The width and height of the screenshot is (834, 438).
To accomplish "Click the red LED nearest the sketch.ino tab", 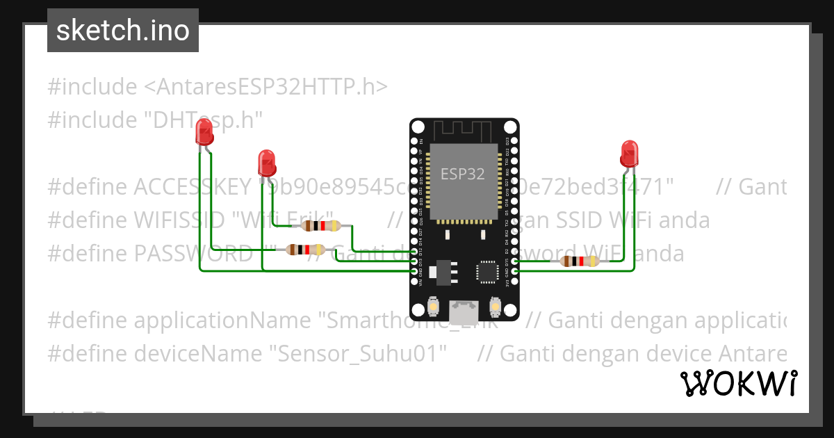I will (x=204, y=131).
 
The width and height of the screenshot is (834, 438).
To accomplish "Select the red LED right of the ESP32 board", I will (x=628, y=153).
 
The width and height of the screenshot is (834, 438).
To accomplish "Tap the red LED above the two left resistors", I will (x=266, y=163).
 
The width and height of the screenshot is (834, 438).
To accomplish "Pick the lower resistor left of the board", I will (x=306, y=250).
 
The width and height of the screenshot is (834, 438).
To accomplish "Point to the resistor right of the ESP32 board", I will (x=580, y=261).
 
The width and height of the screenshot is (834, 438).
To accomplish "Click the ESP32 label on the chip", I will (x=462, y=173).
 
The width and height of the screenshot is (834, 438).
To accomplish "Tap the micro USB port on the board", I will (x=464, y=312).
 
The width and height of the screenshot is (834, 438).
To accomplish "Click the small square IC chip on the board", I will (x=486, y=272).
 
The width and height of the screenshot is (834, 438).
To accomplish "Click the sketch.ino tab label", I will (x=123, y=31).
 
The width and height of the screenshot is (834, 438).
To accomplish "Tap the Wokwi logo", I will (x=738, y=383).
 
